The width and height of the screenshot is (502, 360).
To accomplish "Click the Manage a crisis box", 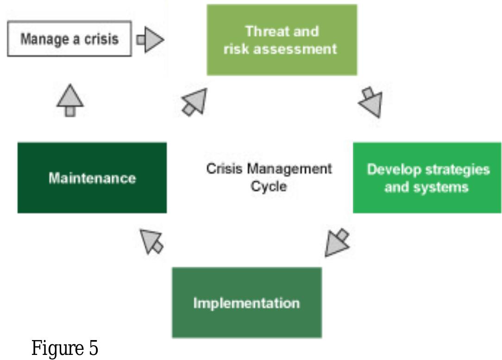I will [69, 39].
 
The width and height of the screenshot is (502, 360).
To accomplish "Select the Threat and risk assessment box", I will [282, 40].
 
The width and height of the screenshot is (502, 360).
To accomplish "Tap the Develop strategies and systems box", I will [427, 178].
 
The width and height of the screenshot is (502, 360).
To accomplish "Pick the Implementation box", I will [246, 303].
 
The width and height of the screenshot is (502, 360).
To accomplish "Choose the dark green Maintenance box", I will [92, 178].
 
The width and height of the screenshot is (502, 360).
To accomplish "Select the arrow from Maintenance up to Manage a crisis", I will [70, 100].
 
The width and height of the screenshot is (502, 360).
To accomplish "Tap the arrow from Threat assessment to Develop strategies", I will [371, 103].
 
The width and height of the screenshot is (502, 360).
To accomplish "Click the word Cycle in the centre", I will [269, 186].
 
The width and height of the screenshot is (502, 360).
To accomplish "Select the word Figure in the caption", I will [54, 348].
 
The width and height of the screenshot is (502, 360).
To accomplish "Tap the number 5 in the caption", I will [92, 348].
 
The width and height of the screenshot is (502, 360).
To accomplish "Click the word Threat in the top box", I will [265, 31].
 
